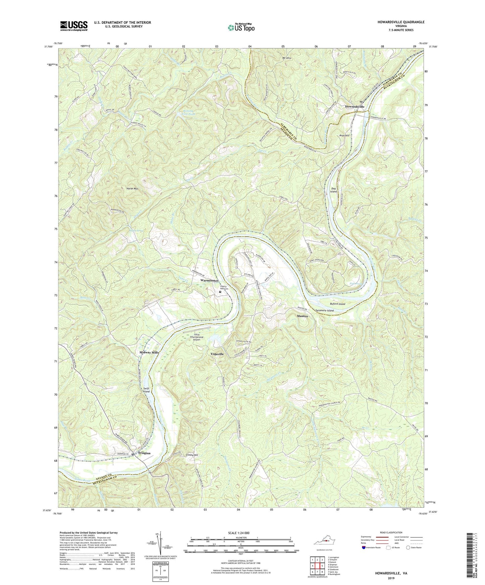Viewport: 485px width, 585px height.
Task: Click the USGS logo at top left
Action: pos(74,26)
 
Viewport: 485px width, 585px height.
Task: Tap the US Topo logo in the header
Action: pos(241,28)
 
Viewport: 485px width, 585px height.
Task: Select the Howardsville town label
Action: pos(355,107)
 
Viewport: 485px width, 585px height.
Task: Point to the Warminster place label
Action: pos(209,280)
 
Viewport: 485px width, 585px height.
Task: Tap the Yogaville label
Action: pos(217,354)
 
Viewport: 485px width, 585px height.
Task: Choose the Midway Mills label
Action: pos(149,352)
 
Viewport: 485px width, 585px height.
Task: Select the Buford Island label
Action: pos(338,304)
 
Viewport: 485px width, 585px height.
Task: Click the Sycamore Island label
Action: pos(325,311)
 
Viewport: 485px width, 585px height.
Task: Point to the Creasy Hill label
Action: pos(192,455)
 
